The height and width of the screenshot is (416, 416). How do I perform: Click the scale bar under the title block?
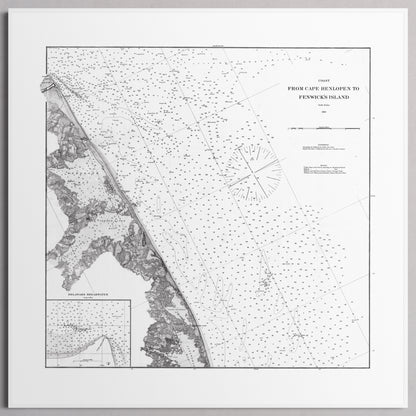pyautogui.click(x=321, y=128)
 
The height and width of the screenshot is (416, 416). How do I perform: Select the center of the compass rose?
pyautogui.click(x=253, y=172)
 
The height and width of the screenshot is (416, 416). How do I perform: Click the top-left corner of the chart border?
pyautogui.click(x=44, y=47)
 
